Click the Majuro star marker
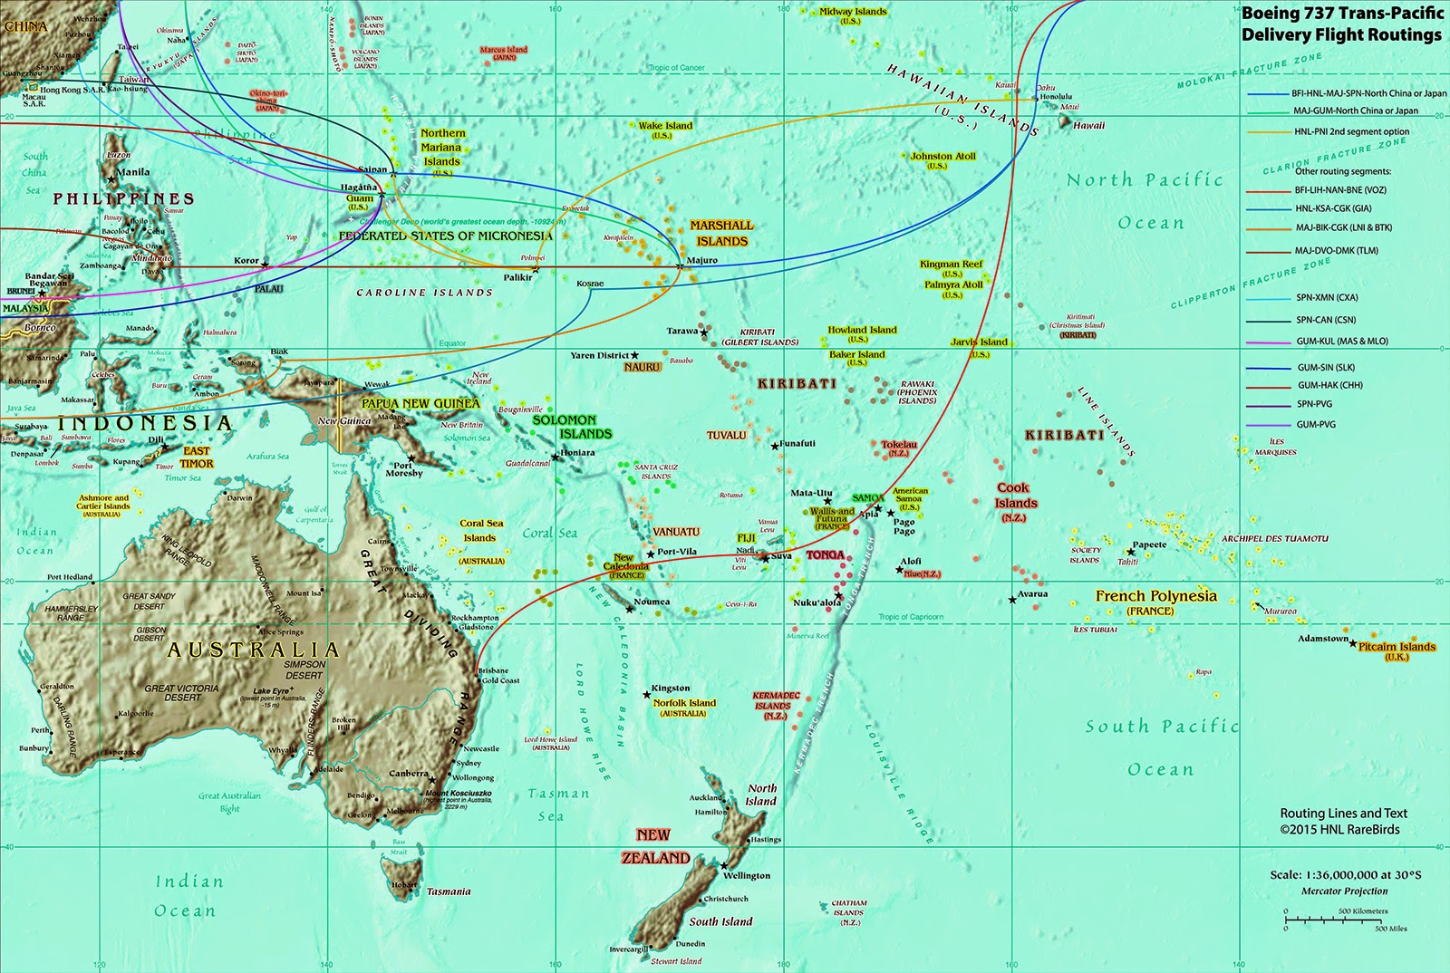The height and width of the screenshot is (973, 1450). [680, 265]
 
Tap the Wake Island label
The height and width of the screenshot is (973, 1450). [665, 126]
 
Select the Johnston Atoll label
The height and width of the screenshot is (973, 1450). [942, 156]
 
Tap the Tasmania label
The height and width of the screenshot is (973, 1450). [449, 891]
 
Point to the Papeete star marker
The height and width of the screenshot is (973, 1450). [1131, 551]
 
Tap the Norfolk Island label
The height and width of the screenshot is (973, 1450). [684, 703]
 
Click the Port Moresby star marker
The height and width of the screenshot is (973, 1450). [411, 458]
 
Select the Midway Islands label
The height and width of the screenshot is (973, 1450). [853, 12]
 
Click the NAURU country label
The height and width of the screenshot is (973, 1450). [642, 367]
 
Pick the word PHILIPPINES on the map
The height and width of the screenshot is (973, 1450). [123, 198]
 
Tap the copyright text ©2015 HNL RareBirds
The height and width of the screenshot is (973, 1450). [1339, 829]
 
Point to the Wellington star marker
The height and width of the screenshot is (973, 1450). [722, 866]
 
